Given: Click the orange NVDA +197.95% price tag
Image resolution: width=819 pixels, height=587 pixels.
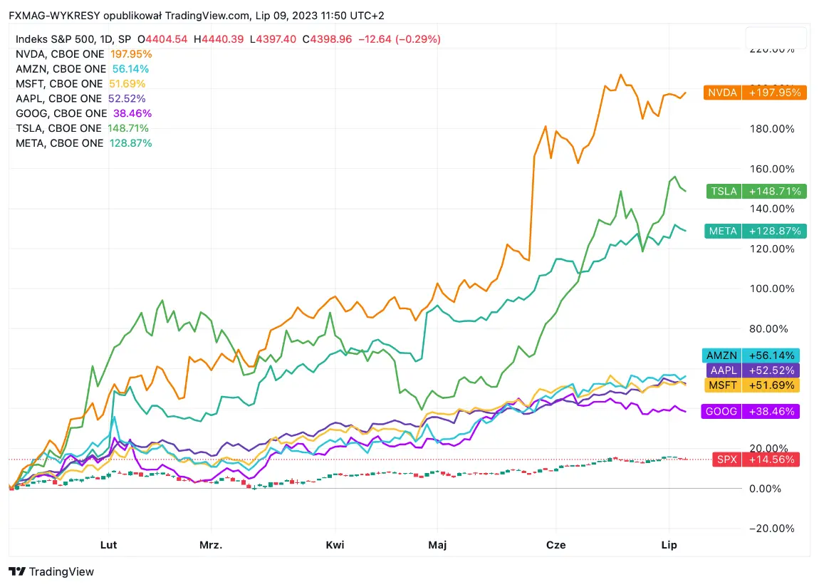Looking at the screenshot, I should pyautogui.click(x=755, y=92).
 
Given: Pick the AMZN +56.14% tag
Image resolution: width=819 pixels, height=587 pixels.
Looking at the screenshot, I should pyautogui.click(x=751, y=355).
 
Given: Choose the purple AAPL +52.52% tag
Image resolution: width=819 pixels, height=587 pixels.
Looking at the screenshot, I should pyautogui.click(x=751, y=370).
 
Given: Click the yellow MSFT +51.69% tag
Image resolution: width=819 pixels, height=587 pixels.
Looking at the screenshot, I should pyautogui.click(x=751, y=385).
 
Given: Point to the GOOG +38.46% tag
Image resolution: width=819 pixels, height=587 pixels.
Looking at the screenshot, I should pyautogui.click(x=751, y=411).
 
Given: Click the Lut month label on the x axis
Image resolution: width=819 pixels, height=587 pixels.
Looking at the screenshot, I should pyautogui.click(x=109, y=545).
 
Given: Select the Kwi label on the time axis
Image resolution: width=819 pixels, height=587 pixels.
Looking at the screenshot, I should pyautogui.click(x=335, y=545).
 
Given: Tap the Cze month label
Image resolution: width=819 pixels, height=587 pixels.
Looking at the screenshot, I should pyautogui.click(x=555, y=545).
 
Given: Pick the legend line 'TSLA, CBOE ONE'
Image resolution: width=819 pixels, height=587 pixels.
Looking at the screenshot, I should pyautogui.click(x=59, y=128).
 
